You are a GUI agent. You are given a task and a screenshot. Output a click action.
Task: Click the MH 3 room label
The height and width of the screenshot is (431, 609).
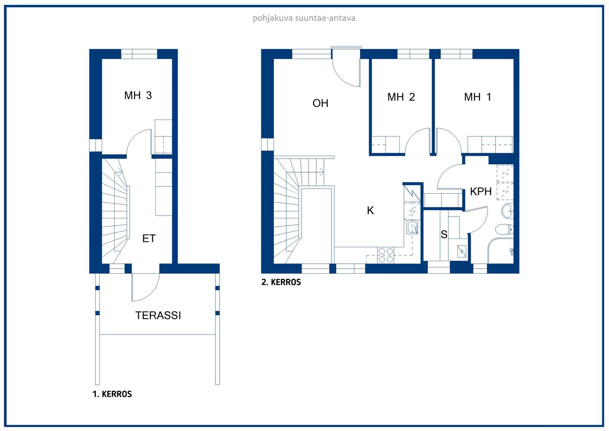click(x=138, y=95)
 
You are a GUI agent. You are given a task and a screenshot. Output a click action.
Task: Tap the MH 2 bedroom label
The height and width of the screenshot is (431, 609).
click(x=401, y=97)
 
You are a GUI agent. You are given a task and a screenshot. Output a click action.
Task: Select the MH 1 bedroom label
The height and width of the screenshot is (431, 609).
click(x=477, y=97)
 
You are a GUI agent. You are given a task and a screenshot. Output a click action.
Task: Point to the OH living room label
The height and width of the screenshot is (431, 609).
click(x=320, y=103)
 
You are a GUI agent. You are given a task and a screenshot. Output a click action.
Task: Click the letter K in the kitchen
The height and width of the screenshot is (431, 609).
click(x=370, y=210)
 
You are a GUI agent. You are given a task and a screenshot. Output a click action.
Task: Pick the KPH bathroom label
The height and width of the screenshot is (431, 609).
click(x=481, y=192)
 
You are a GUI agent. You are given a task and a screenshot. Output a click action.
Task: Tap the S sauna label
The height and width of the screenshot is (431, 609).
click(x=444, y=234)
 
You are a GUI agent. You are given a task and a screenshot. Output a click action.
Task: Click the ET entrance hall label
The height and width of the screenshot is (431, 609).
click(x=149, y=239)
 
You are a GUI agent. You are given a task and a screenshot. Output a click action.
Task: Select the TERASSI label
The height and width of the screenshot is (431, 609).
click(x=158, y=315)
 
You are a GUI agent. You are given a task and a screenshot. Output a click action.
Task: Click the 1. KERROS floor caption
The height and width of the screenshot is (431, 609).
click(x=112, y=394)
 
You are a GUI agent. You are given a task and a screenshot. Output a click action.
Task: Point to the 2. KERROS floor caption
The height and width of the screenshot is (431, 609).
click(x=281, y=282)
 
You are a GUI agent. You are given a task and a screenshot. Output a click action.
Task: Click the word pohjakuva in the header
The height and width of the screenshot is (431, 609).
click(x=273, y=19)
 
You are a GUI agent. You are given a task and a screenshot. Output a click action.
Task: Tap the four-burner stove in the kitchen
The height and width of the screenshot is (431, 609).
click(x=386, y=255)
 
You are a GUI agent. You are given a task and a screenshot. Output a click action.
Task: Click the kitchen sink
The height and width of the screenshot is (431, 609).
click(x=412, y=227)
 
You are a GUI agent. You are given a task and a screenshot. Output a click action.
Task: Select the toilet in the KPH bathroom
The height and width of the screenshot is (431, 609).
click(x=504, y=229)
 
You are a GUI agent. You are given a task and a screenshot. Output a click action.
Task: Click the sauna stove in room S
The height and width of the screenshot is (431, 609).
click(x=462, y=251)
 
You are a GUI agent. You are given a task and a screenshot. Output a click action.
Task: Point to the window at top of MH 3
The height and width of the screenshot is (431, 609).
click(x=139, y=54)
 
